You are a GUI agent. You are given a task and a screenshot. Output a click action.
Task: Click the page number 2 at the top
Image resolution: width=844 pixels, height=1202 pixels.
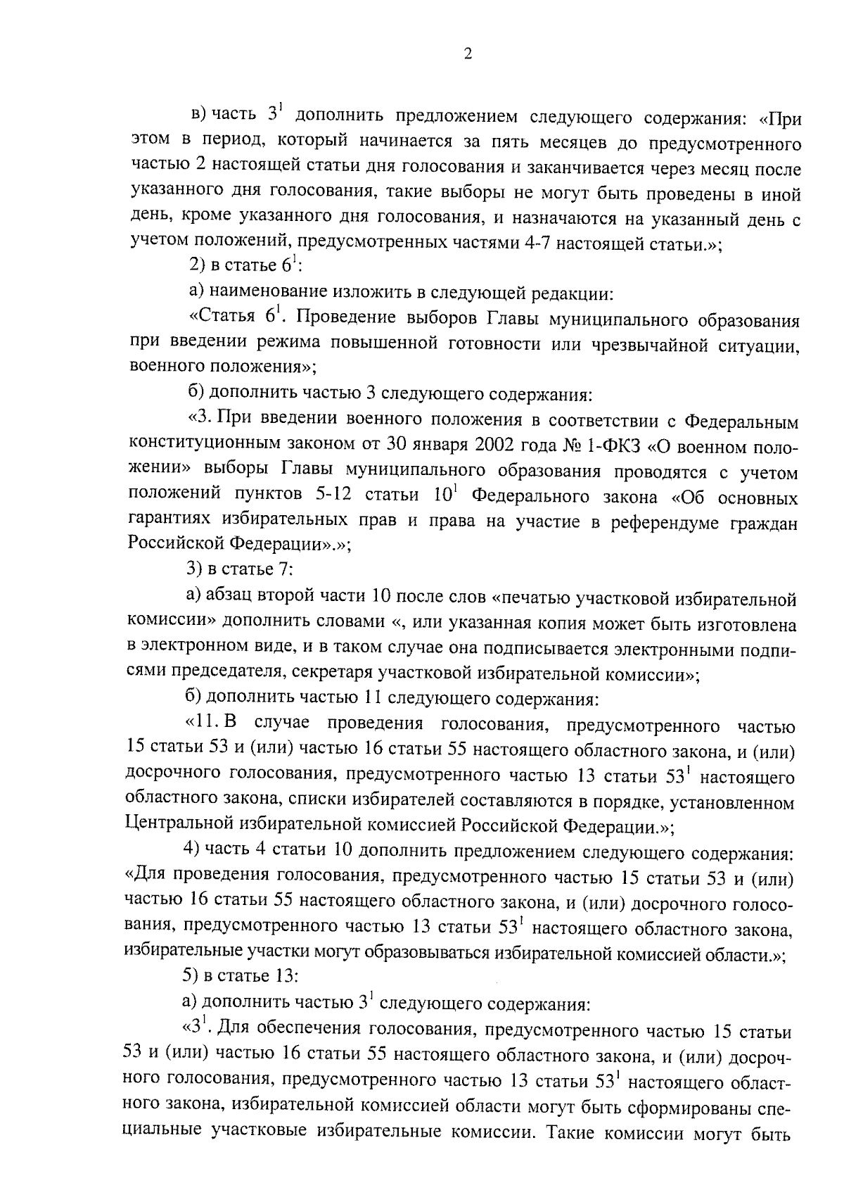pos(468,54)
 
